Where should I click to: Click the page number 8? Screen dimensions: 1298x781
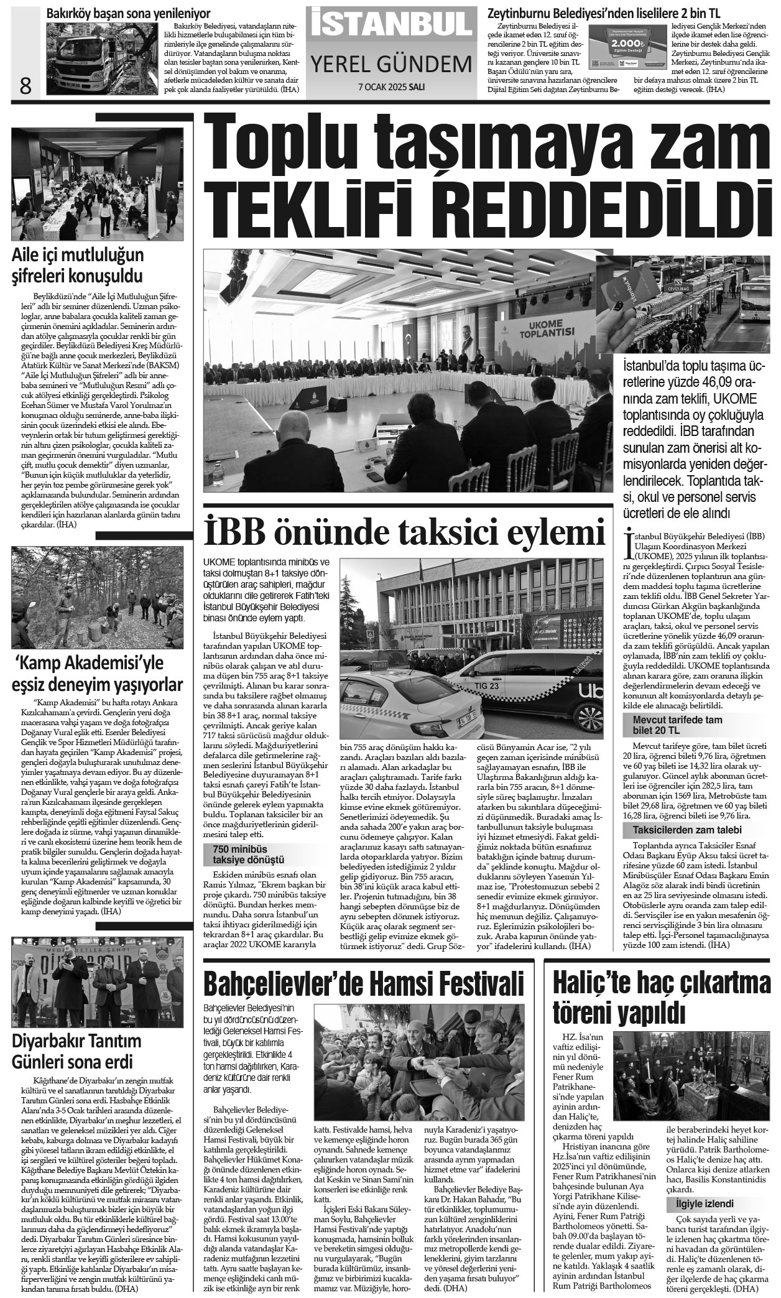25,85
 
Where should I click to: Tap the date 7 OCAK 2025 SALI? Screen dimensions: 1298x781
390,88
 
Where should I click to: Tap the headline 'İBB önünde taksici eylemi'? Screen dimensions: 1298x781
404,534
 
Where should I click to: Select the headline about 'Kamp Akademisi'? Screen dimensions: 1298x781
98,674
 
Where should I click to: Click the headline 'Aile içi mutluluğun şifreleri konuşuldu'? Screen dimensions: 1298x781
78,264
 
